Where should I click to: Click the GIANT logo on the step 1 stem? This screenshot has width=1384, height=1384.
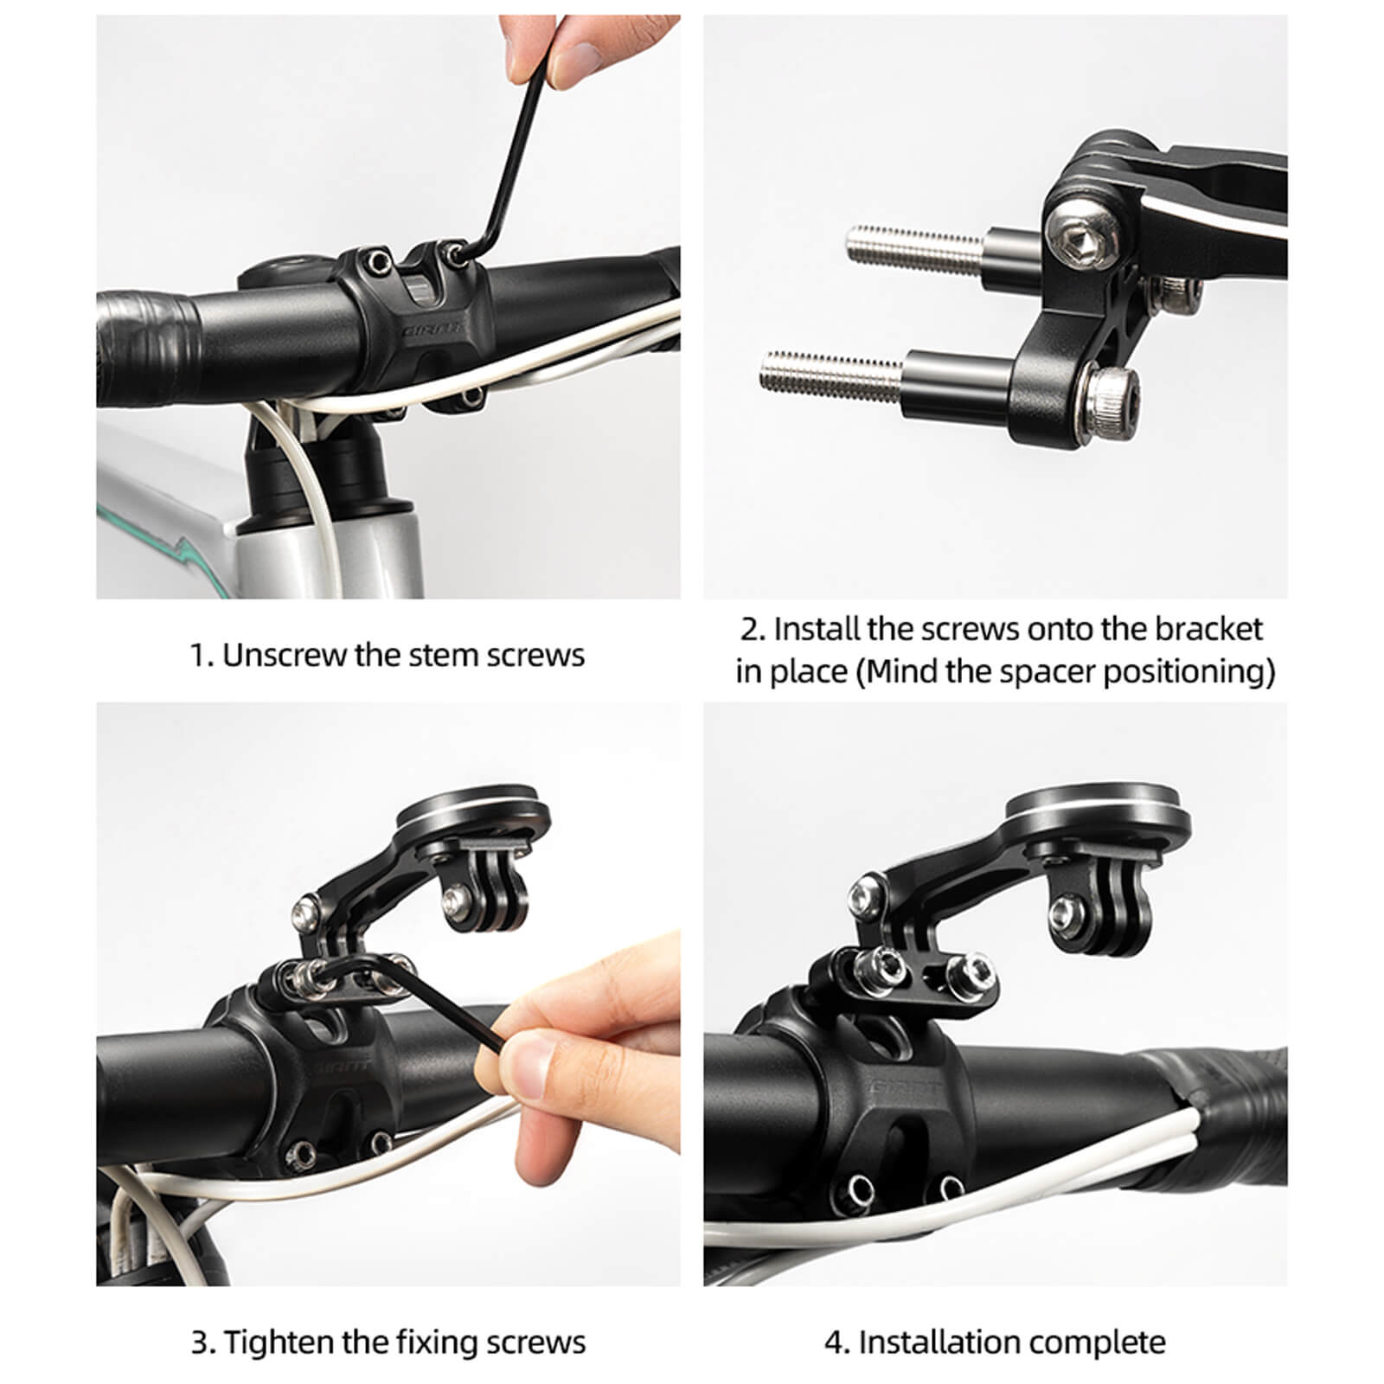click(430, 330)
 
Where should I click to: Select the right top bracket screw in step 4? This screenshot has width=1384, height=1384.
click(970, 972)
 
